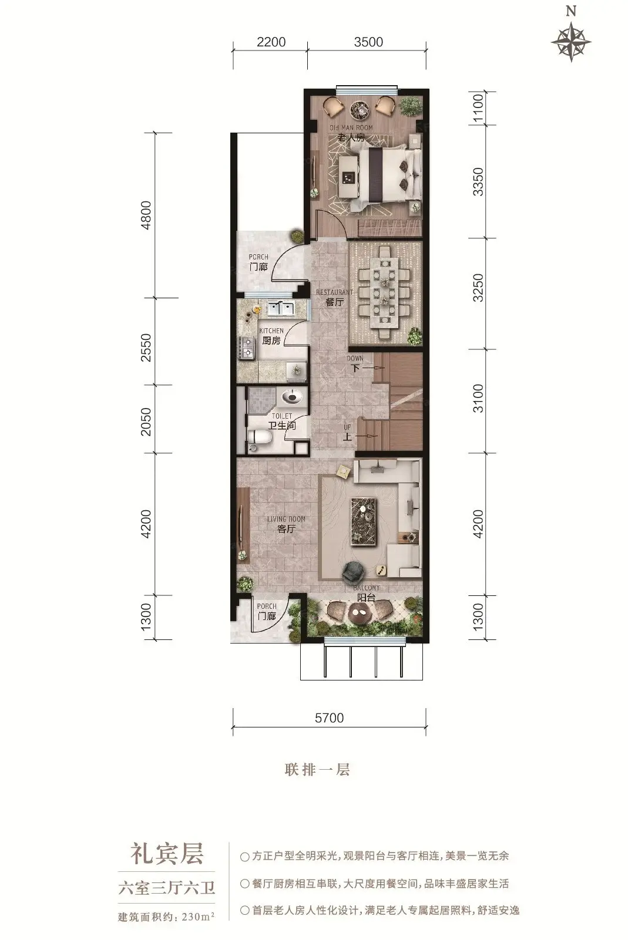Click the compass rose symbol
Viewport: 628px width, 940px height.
[571, 42]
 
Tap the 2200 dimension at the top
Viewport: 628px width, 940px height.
[271, 42]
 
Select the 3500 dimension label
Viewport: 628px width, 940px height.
[368, 42]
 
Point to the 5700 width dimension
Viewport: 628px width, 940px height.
[329, 717]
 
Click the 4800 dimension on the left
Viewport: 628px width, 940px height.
[146, 215]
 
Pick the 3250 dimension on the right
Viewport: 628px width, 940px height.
[478, 288]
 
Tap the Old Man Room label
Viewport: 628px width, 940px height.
[351, 127]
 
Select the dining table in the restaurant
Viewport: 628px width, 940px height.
[385, 292]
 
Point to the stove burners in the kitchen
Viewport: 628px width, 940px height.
[247, 348]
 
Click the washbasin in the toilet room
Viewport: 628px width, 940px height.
[292, 396]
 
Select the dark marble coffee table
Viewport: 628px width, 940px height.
[364, 521]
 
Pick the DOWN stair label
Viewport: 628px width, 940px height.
[355, 359]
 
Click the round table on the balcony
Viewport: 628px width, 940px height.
[360, 614]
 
